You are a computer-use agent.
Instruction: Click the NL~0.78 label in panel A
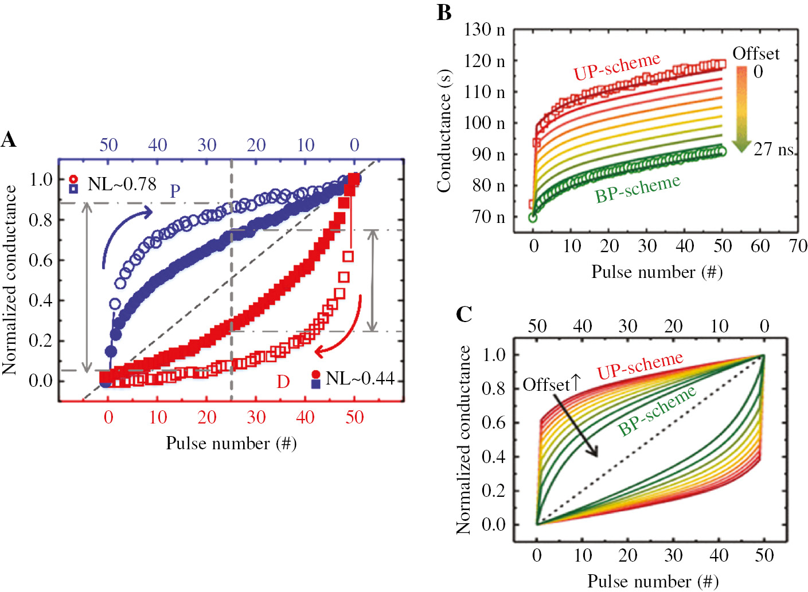tap(122, 184)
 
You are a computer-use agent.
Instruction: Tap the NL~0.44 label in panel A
tap(360, 378)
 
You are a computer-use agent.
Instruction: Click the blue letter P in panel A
tap(175, 191)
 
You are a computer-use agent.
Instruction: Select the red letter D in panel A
tap(283, 382)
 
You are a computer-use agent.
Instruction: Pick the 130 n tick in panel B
tap(485, 29)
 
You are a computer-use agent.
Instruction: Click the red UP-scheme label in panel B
tap(616, 66)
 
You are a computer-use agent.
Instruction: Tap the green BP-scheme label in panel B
tap(637, 189)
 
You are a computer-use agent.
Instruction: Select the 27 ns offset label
tap(774, 150)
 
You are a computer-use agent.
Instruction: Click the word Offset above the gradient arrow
tap(756, 54)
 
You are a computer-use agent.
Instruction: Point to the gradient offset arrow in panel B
tap(741, 109)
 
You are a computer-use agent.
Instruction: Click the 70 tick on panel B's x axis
tap(798, 246)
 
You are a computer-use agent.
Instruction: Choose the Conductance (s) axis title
tap(444, 131)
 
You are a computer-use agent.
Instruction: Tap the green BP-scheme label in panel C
tap(657, 411)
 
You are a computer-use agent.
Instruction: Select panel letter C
tap(464, 314)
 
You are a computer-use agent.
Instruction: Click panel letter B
tap(444, 13)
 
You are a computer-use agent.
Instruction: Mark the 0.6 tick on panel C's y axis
tap(493, 423)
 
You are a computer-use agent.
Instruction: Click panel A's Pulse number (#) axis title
tap(231, 444)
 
